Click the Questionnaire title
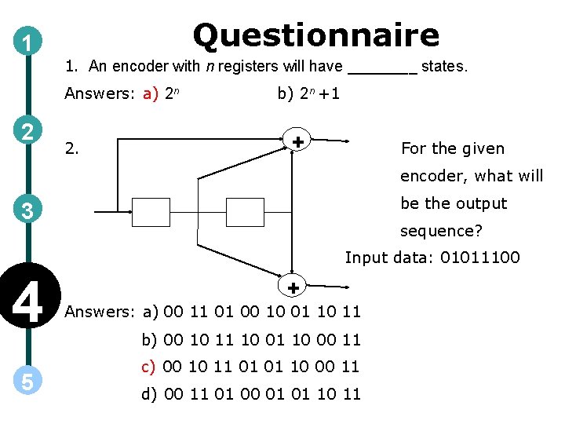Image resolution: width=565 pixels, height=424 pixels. [315, 35]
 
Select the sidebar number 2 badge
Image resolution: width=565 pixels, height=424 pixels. [28, 130]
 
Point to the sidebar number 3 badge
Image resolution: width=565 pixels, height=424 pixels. [28, 210]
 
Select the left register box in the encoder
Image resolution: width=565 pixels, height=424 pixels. [151, 212]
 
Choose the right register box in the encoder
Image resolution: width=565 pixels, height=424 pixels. [245, 212]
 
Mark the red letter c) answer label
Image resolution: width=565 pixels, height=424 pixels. [150, 366]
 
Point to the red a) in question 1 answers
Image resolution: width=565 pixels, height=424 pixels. [150, 94]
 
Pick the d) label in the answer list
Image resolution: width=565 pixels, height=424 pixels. [150, 393]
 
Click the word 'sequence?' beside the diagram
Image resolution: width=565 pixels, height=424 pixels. [441, 232]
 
